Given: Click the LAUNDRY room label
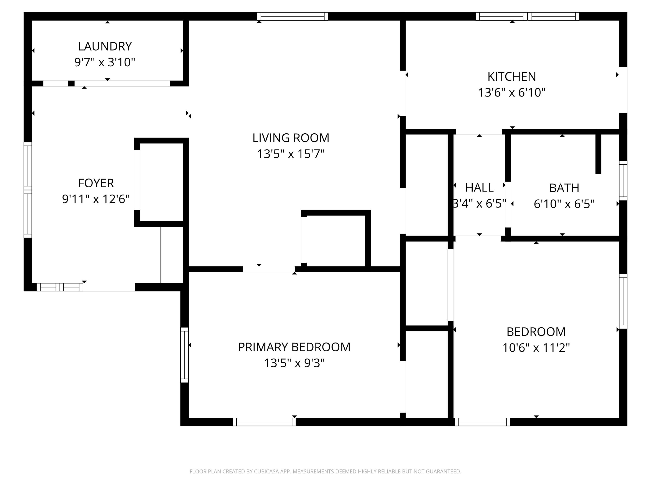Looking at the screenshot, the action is click(105, 46).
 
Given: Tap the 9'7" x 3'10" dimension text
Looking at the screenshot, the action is click(105, 62).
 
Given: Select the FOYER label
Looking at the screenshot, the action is click(96, 183).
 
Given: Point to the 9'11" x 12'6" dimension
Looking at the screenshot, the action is click(96, 199).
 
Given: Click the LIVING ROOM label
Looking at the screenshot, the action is click(291, 138).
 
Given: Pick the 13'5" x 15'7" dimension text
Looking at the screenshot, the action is click(291, 154).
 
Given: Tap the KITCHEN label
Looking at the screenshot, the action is click(512, 77).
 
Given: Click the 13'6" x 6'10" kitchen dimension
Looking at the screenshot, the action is click(512, 93).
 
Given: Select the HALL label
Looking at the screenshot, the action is click(479, 188).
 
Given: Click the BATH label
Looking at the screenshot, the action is click(564, 188).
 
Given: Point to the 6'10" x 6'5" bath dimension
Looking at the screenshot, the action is click(564, 204).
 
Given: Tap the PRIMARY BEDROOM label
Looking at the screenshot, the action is click(294, 347).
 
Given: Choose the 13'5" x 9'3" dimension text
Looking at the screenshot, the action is click(294, 363).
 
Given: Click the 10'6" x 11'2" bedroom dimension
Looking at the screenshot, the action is click(536, 348).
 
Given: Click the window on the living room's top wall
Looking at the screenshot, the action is click(293, 16).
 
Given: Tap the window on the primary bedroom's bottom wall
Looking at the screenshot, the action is click(264, 422).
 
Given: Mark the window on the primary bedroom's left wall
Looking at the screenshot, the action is click(184, 355).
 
